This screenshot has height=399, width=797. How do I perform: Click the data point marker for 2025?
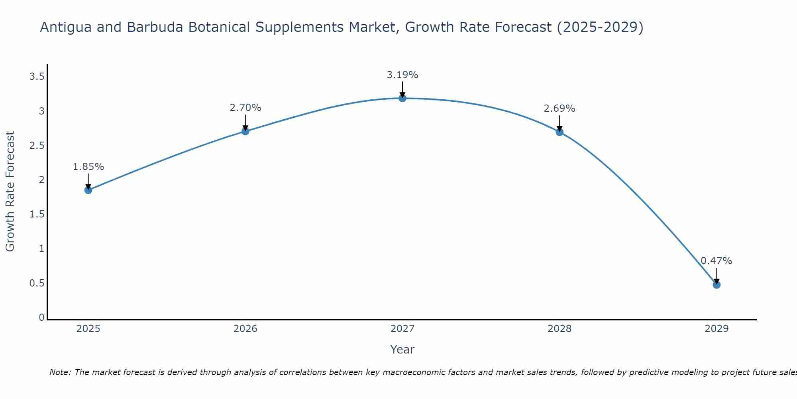88,190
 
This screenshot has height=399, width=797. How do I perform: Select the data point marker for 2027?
402,98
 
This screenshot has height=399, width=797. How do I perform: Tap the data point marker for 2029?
717,284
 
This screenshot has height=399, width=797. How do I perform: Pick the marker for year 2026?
245,131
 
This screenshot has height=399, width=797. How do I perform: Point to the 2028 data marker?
559,132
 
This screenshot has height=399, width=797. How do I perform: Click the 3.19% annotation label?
402,75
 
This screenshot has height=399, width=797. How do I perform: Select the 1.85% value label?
88,167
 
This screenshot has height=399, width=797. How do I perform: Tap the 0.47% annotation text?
717,261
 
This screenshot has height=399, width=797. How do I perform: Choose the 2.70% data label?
245,108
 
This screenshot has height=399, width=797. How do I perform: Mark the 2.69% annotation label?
559,109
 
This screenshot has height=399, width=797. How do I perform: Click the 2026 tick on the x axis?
245,329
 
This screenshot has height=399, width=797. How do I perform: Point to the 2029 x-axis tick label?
717,329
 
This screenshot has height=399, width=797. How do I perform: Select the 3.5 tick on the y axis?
37,77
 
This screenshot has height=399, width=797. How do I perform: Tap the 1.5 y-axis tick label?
37,215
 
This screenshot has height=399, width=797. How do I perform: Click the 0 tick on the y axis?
41,318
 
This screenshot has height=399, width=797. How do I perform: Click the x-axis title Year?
402,350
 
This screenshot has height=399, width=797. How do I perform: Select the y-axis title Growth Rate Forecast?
10,192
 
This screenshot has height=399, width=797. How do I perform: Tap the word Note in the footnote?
60,372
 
